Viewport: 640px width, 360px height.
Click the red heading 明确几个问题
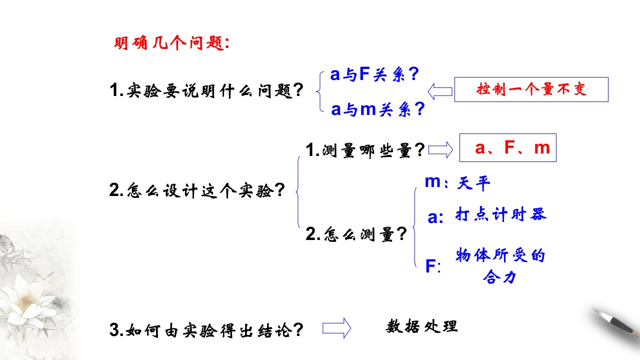[171, 43]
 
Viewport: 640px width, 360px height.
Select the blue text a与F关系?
[374, 75]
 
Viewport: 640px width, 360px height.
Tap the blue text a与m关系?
[377, 109]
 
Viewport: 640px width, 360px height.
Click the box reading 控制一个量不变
[531, 89]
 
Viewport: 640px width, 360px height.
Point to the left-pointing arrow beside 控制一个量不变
[440, 90]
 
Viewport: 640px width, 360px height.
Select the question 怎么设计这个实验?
[197, 190]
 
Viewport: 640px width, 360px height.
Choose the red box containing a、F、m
[507, 148]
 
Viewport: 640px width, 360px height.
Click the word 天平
[473, 183]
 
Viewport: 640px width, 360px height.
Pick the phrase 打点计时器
[500, 214]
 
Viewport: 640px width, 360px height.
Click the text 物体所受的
[499, 255]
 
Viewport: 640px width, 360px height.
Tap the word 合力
[499, 276]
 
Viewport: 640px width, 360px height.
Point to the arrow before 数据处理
[336, 328]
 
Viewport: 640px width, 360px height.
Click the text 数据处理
[422, 326]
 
